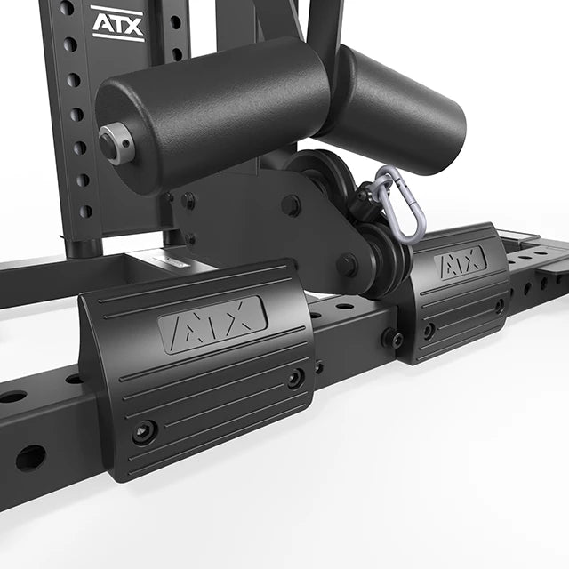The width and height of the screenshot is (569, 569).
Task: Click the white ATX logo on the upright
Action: tap(116, 22)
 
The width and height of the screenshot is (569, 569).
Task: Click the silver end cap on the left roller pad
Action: tap(116, 142)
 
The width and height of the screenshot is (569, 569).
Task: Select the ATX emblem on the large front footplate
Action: tap(212, 324)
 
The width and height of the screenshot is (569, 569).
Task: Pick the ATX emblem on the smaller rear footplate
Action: tap(460, 263)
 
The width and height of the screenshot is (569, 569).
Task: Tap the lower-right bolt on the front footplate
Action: tap(294, 378)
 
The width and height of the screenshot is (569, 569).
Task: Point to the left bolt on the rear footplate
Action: tap(429, 330)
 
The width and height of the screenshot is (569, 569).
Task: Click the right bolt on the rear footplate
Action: tap(499, 305)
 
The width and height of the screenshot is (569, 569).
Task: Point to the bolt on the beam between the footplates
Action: tap(389, 338)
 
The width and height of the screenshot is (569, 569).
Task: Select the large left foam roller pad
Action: tap(213, 111)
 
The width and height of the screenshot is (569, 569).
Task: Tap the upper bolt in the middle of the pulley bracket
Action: tap(291, 206)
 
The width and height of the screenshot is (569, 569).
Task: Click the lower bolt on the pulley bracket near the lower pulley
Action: tap(346, 265)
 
